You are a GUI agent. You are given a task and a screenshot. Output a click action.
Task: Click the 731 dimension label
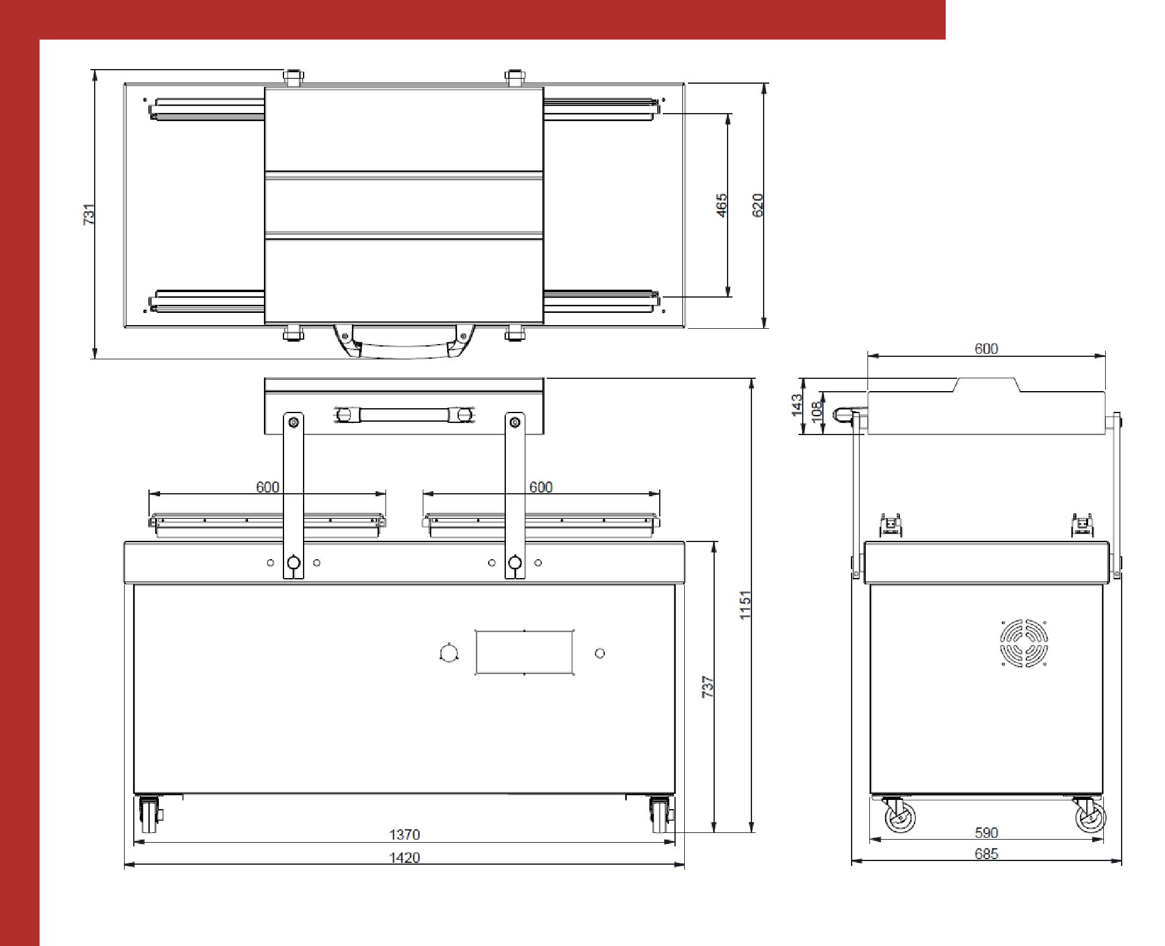(89, 214)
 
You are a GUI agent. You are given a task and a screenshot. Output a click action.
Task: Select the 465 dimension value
(722, 205)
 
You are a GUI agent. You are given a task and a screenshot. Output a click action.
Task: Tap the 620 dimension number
(758, 205)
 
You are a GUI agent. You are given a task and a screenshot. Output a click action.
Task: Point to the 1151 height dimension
(745, 605)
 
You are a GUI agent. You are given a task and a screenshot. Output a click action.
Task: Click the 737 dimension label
(708, 687)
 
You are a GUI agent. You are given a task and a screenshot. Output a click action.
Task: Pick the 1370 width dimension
(404, 834)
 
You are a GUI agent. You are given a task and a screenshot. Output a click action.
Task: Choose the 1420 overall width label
(404, 857)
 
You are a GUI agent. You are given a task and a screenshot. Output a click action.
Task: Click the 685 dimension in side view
(986, 854)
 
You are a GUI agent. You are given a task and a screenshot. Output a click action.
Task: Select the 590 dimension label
(986, 833)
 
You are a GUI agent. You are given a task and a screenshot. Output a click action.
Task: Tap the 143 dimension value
(797, 406)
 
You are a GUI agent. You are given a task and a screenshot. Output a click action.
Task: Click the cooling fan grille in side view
(1023, 643)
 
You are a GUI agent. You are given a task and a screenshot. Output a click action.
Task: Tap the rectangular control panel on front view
(524, 653)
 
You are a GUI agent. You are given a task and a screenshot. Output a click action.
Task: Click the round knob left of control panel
(448, 653)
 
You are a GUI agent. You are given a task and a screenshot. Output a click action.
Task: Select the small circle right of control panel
(600, 653)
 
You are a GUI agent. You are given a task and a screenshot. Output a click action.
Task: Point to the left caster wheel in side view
(900, 816)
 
